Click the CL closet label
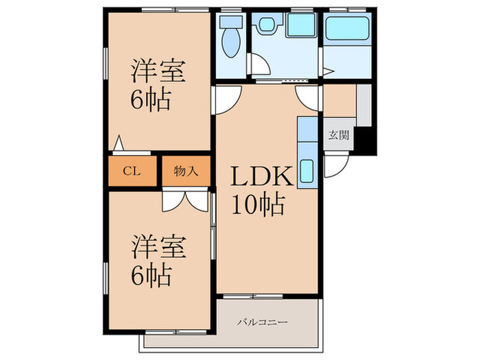tap(132, 171)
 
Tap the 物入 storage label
tap(186, 171)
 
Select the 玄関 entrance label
tap(339, 134)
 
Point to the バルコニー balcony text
tap(263, 322)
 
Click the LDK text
tap(262, 177)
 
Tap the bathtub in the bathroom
tap(347, 28)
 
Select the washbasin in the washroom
tap(266, 24)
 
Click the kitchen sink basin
tap(307, 171)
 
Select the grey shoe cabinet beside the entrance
tap(364, 106)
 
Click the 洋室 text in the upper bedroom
tap(158, 71)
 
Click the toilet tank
tap(231, 21)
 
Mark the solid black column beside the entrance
tap(365, 141)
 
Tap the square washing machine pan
tap(301, 25)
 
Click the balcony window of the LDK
tap(253, 296)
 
